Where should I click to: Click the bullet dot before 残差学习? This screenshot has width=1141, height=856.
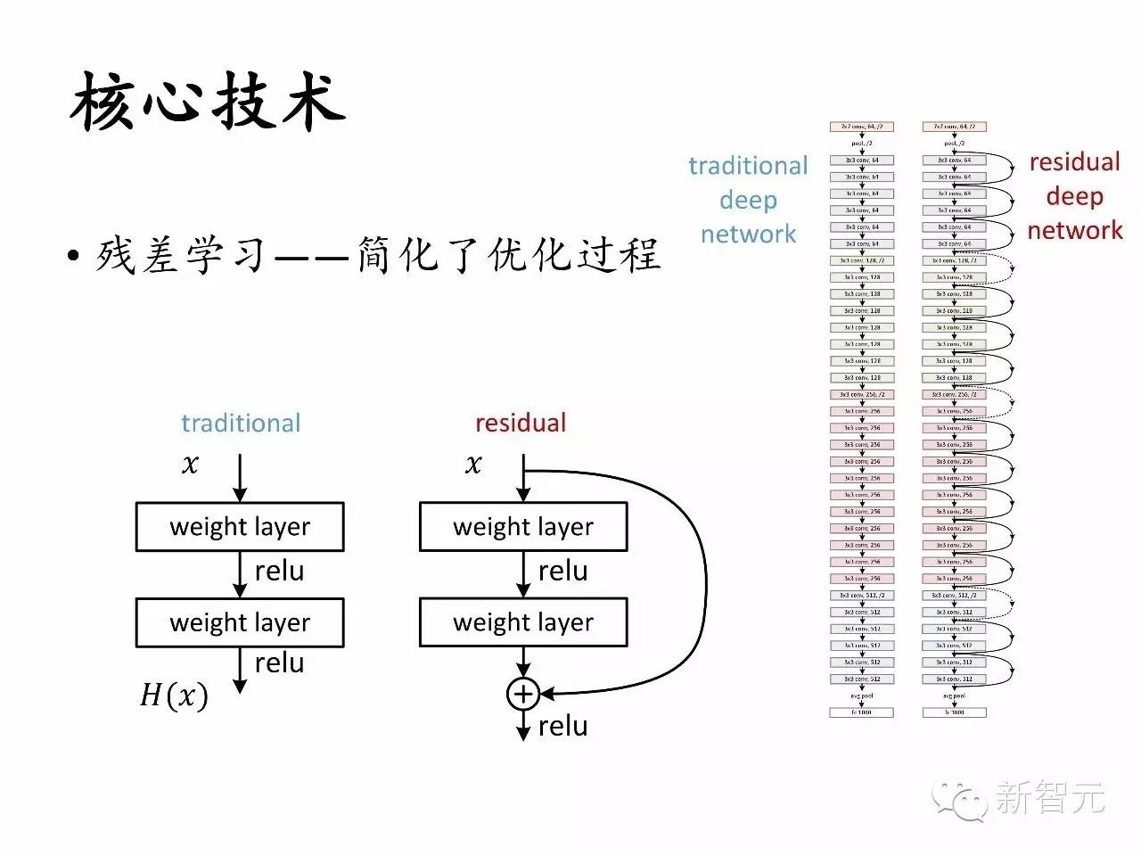point(74,257)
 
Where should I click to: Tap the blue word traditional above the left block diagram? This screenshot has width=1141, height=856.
point(241,423)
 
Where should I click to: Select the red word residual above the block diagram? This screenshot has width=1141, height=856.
point(521,423)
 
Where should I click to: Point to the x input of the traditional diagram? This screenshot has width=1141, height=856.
point(190,465)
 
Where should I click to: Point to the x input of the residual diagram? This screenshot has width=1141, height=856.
point(473,465)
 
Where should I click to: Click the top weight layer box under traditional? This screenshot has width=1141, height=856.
point(240,527)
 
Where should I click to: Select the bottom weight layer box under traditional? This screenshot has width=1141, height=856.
point(240,622)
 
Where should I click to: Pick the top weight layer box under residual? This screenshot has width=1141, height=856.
point(523,527)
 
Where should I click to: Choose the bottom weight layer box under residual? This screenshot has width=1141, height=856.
point(523,622)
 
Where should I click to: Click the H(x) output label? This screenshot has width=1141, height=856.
point(174,695)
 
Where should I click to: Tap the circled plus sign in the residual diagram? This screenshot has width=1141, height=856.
point(523,694)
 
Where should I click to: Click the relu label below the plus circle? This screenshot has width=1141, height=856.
point(562,727)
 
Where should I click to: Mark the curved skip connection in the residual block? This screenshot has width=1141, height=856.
point(704,580)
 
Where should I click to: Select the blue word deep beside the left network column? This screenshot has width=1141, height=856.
point(748,200)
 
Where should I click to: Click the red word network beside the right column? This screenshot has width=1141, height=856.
point(1075,230)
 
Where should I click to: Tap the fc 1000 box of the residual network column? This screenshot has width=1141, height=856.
point(954,712)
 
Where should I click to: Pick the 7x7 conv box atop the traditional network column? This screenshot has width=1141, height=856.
point(861,127)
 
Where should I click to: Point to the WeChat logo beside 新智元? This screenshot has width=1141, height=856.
point(961,799)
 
